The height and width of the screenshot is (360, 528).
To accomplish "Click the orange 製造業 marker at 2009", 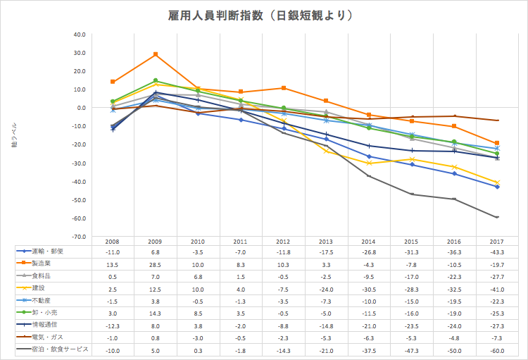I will tap(156, 54).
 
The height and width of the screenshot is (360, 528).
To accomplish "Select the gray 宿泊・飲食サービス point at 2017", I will tap(497, 217).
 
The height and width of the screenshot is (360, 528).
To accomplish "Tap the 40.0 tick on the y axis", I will tap(78, 34).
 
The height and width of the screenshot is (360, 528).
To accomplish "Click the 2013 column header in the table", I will tap(326, 241).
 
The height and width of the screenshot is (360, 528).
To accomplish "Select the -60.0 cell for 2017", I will tap(497, 350).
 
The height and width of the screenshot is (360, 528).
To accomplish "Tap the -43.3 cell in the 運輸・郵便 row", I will tap(497, 251).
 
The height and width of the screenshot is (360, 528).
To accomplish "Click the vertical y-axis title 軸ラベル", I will tap(13, 135).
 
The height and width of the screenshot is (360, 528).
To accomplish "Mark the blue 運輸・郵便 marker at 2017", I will tap(497, 187).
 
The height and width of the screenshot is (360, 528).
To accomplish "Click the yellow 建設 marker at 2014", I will tap(369, 163).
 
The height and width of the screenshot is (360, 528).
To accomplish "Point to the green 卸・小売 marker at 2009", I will tap(156, 81).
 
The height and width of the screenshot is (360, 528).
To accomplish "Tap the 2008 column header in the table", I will tap(113, 241).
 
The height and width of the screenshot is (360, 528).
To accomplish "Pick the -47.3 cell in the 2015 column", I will tap(412, 350).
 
